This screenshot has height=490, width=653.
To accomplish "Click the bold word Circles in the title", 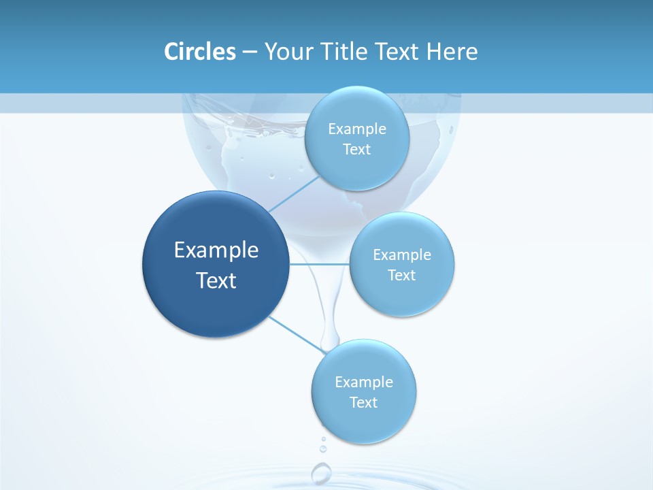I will tap(199, 52).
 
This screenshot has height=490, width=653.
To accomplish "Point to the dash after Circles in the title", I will tap(249, 52).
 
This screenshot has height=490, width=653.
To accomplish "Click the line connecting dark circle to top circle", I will tap(294, 193).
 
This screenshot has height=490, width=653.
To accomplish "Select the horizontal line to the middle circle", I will tap(319, 263).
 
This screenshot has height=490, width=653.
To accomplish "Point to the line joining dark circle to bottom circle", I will tap(296, 333).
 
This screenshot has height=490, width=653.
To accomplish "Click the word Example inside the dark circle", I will tap(216, 250).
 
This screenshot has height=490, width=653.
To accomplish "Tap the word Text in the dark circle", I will tap(216, 280).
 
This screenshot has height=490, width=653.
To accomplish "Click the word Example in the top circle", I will tap(357, 129).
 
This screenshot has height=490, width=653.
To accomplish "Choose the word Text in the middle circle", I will tap(402, 276).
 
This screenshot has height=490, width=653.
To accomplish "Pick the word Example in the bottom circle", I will tap(364, 382).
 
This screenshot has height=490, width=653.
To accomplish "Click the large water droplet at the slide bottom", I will tap(321, 472).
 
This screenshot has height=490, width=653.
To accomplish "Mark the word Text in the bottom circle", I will tap(364, 403).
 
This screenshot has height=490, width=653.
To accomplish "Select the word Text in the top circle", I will tap(357, 150).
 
